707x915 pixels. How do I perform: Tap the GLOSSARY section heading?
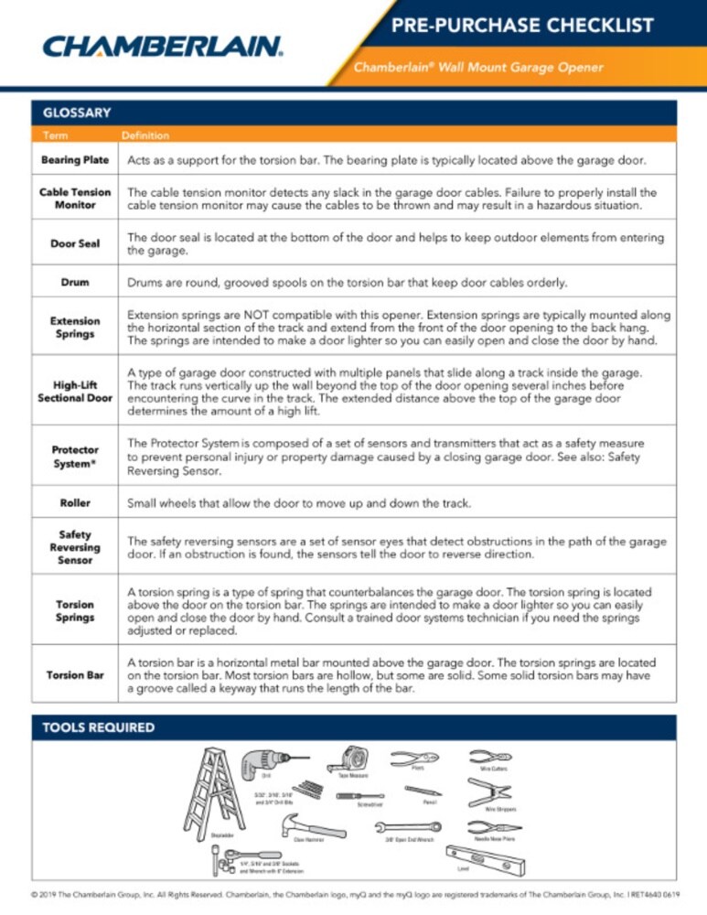coord(77,113)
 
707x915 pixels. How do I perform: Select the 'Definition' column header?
coord(145,135)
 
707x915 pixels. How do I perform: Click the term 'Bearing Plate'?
coord(75,160)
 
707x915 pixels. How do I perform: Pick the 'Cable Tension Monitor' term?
coord(75,199)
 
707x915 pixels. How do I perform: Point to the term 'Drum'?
coord(75,282)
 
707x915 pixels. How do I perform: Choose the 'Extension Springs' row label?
coord(75,328)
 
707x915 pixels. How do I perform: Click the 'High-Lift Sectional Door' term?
coord(75,393)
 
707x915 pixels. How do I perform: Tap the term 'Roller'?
coord(75,502)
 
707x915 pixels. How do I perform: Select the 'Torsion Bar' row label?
coord(75,675)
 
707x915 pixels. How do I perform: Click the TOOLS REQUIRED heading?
coord(99,728)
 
